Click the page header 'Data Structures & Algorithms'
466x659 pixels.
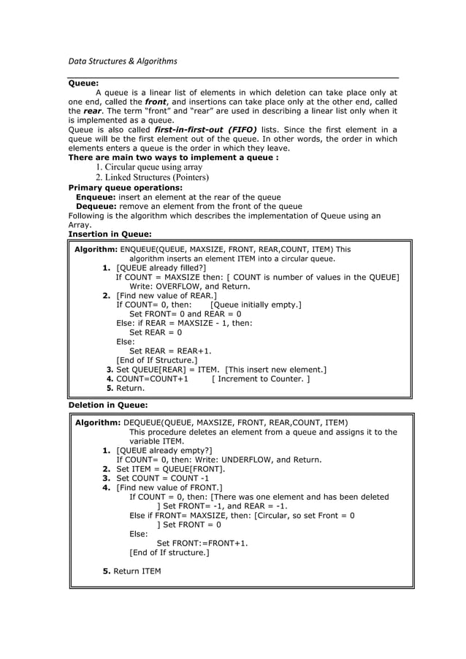pos(123,61)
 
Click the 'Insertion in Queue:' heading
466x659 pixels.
pos(110,235)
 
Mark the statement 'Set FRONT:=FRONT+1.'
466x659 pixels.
pos(202,544)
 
